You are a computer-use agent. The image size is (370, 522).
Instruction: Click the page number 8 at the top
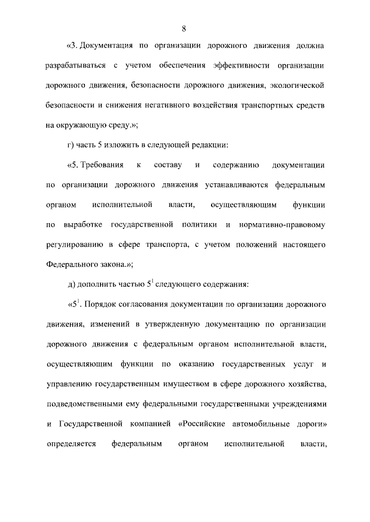pyautogui.click(x=183, y=28)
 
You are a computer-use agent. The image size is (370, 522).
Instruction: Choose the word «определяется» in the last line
pyautogui.click(x=71, y=445)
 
